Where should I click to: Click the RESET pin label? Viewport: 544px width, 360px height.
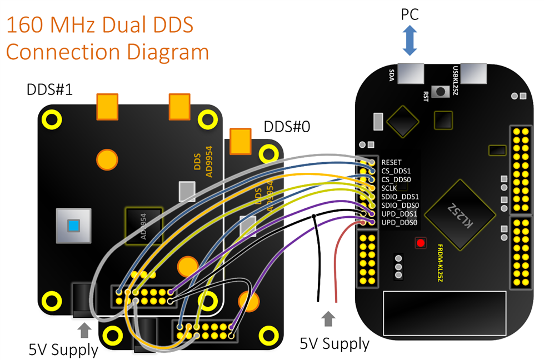(x=392, y=162)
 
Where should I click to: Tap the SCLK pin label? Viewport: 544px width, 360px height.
(x=390, y=188)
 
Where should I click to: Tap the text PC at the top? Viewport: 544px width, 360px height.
(x=410, y=14)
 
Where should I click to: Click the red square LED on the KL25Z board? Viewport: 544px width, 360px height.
(x=420, y=243)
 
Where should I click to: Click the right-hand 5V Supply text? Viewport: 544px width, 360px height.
(x=335, y=343)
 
